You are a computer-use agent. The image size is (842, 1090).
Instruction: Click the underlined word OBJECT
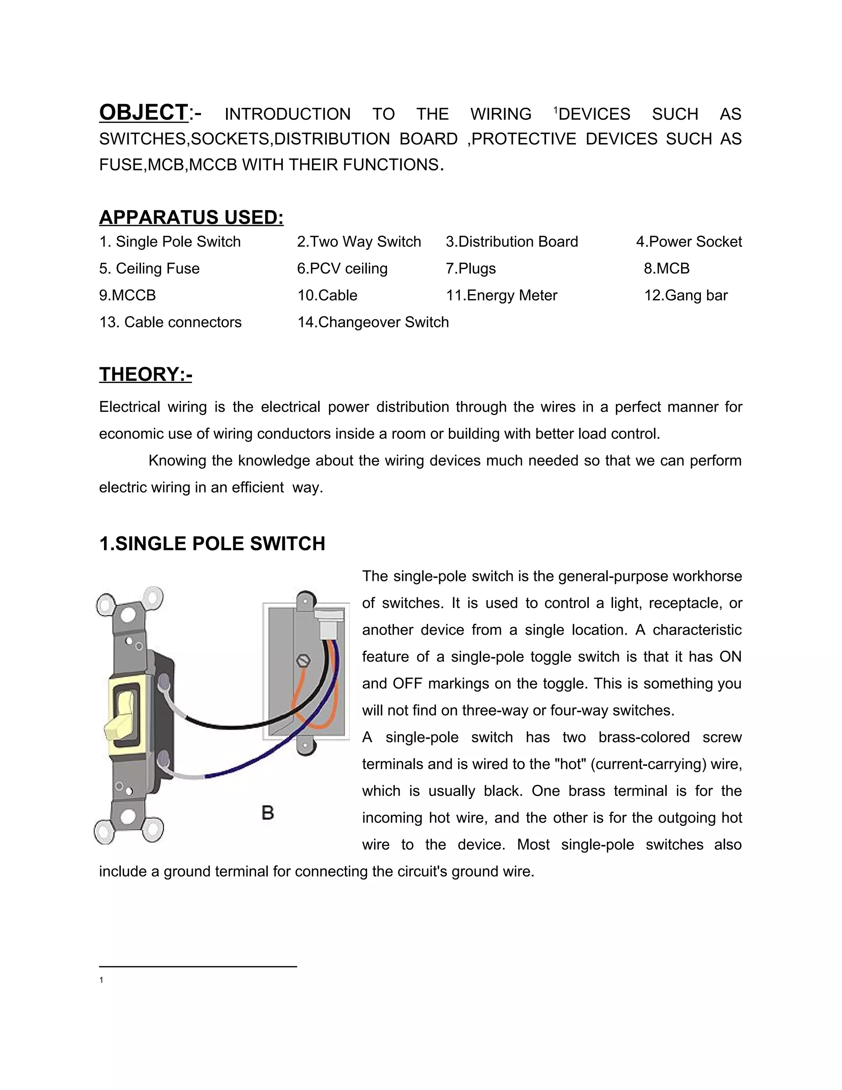tap(143, 112)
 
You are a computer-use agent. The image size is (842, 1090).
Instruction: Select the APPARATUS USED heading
tap(191, 217)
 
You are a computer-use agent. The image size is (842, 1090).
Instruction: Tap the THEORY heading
tap(145, 374)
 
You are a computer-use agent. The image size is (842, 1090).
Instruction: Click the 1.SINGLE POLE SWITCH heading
tap(212, 543)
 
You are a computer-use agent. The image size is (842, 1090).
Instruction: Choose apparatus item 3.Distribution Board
tap(512, 242)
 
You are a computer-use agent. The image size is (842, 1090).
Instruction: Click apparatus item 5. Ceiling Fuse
tap(149, 269)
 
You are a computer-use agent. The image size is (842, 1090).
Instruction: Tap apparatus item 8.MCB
tap(666, 269)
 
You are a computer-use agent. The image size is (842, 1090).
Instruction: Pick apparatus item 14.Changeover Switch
tap(373, 322)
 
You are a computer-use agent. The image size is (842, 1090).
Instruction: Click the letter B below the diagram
tap(268, 813)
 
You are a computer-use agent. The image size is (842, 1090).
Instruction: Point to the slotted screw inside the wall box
tap(303, 661)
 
